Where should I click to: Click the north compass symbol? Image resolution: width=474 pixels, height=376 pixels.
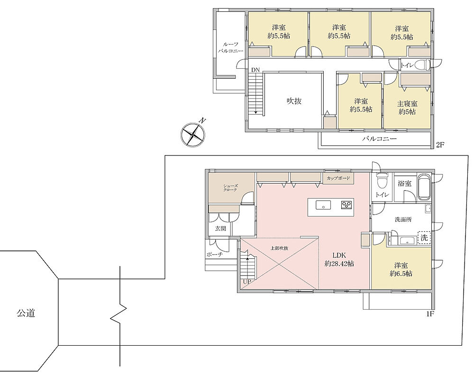(x=192, y=134)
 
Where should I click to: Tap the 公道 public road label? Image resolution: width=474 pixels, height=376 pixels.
(x=26, y=313)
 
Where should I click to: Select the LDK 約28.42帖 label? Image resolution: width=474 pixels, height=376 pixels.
(x=339, y=259)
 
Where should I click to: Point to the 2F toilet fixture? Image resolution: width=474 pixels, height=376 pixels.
(x=422, y=65)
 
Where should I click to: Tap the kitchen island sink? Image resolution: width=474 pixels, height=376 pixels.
(x=323, y=205)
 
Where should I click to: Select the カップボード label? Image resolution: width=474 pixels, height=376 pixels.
(x=338, y=178)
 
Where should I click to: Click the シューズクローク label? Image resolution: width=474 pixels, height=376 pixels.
(x=231, y=188)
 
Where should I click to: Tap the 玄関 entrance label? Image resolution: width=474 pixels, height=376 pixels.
(x=220, y=229)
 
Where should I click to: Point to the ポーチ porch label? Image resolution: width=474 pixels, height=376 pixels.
(x=215, y=255)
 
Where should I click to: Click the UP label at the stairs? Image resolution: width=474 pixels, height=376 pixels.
(x=247, y=281)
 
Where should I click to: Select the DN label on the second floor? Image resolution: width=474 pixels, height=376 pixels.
(x=255, y=70)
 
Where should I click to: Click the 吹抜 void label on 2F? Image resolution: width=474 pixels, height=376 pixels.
(x=294, y=101)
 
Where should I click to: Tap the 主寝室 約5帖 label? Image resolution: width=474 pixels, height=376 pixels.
(x=407, y=108)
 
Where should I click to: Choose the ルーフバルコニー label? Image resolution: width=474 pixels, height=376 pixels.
(x=231, y=47)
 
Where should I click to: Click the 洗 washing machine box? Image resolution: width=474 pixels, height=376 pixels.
(x=424, y=238)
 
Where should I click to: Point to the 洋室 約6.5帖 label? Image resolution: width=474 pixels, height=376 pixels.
(x=401, y=269)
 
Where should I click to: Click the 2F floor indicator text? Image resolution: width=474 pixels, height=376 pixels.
(x=439, y=145)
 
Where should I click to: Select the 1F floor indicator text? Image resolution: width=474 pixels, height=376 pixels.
(x=430, y=314)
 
